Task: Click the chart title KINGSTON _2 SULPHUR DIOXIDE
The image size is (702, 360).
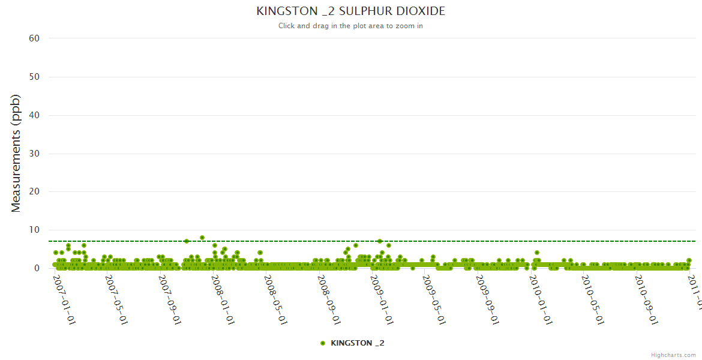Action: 350,11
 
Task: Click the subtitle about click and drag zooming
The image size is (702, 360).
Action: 350,26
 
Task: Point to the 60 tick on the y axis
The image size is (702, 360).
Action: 34,38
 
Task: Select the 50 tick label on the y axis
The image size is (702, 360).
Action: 34,77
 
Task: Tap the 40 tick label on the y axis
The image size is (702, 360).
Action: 34,115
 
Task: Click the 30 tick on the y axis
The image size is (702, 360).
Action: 34,154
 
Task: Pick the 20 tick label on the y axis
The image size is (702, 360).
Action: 34,192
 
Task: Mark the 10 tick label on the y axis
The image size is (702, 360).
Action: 34,230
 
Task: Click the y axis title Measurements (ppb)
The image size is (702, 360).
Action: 16,153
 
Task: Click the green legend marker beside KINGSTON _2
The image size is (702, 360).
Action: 323,343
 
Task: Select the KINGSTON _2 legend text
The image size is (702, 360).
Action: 358,343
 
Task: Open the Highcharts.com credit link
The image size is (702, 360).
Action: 673,355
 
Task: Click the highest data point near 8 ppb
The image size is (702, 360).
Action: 202,238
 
